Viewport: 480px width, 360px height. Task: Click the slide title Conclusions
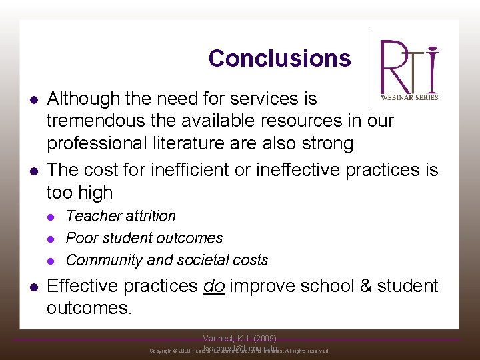coord(279,59)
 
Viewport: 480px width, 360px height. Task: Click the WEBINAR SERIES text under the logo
coord(409,97)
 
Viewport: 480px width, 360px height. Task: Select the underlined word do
coord(214,286)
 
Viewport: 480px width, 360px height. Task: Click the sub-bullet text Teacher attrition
coord(121,216)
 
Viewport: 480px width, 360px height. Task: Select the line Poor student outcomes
coord(144,238)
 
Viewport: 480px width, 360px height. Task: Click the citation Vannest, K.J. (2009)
coord(240,339)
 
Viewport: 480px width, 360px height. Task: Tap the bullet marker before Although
coord(33,99)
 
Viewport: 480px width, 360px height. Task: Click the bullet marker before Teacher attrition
coord(53,217)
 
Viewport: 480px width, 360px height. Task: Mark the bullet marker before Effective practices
coord(33,287)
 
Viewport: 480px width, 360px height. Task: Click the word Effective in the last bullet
coord(85,286)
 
